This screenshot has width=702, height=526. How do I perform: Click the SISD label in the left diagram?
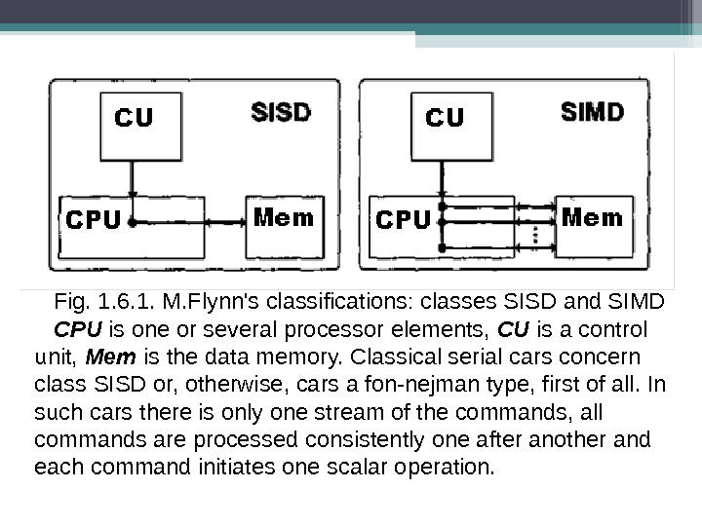(281, 112)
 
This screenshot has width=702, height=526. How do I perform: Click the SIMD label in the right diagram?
(593, 112)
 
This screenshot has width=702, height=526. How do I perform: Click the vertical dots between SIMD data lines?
(534, 234)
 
